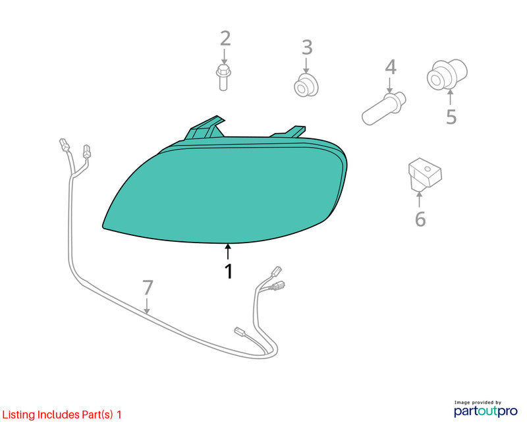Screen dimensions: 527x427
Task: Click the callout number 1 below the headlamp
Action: point(229,271)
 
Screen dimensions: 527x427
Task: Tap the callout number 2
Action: point(225,38)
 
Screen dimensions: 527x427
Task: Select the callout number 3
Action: point(307,47)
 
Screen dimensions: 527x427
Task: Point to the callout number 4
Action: point(391,67)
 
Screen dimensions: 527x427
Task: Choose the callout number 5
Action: point(451,117)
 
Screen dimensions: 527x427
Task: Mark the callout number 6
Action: point(420,219)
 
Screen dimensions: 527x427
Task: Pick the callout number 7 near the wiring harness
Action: point(148,288)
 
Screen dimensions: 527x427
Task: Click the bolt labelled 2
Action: point(223,78)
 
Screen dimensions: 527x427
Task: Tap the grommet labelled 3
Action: point(306,86)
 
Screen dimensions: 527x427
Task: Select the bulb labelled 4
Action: point(384,108)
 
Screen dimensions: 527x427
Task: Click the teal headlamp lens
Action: point(225,190)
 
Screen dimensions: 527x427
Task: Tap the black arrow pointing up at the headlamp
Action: point(228,252)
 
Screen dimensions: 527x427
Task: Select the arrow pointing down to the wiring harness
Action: point(147,306)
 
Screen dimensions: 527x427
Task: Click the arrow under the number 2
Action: point(224,55)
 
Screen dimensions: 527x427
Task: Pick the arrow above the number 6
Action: point(419,199)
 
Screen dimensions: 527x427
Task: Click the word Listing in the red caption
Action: point(18,415)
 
